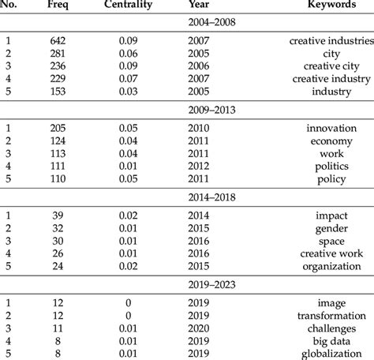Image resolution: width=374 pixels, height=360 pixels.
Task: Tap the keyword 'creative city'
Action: pyautogui.click(x=331, y=65)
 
